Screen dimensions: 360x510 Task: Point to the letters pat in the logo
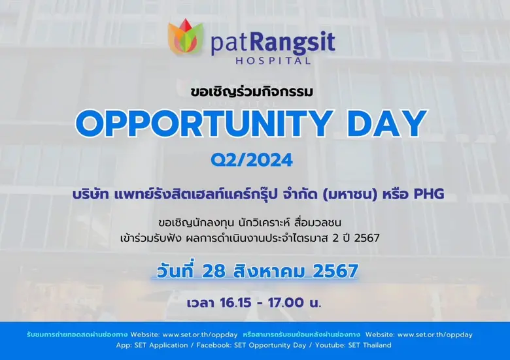[229, 44]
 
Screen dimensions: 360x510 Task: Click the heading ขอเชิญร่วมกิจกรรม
[254, 91]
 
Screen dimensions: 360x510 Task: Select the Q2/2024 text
[255, 159]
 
